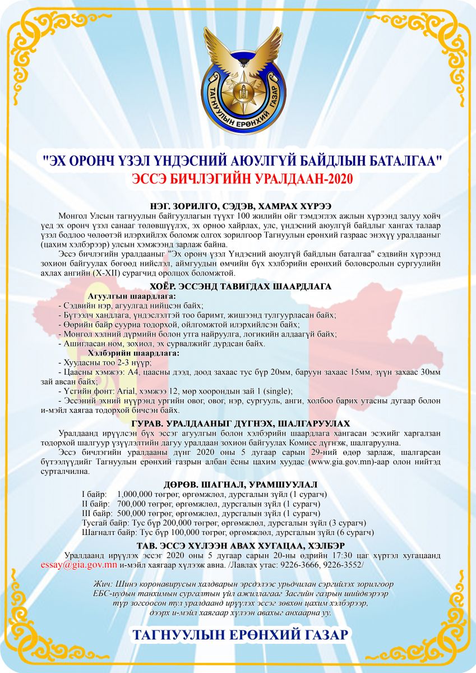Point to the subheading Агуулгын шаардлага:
[132, 296]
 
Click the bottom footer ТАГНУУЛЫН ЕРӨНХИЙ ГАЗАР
[241, 635]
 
